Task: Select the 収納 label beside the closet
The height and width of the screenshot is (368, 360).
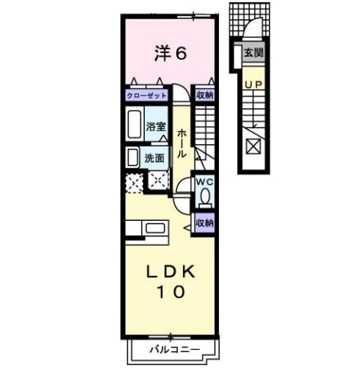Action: (203, 96)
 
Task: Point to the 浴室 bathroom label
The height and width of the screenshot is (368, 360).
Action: (156, 127)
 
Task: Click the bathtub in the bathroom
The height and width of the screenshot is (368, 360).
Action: (133, 124)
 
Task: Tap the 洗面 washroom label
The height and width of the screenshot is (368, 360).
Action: (155, 159)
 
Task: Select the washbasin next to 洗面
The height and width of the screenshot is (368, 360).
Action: (132, 157)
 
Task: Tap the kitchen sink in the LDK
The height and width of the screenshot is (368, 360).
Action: (155, 228)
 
